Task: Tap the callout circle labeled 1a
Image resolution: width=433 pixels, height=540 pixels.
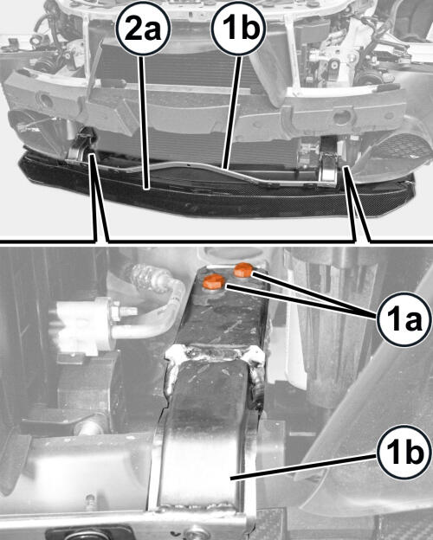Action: pos(404,319)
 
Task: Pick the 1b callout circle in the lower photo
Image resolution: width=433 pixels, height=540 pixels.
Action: pos(404,453)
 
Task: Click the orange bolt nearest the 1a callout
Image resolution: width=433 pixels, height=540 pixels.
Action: pos(244,270)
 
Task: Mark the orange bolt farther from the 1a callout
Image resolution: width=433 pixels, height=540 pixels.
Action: pos(214,282)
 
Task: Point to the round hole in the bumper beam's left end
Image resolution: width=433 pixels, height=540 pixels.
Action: pos(45,100)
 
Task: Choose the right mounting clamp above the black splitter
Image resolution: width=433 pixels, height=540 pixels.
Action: pos(329,168)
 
